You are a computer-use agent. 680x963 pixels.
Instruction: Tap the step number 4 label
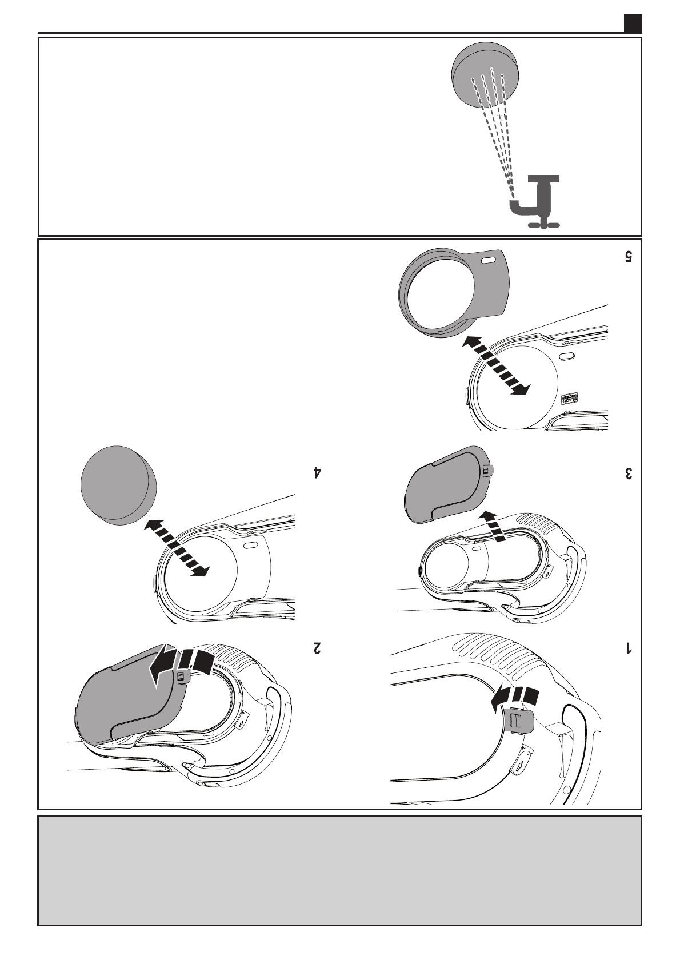pyautogui.click(x=316, y=473)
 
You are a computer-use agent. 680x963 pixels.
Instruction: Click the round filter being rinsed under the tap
pyautogui.click(x=485, y=74)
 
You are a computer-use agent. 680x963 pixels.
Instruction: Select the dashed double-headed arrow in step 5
pyautogui.click(x=494, y=364)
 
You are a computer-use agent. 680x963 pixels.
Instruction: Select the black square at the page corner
pyautogui.click(x=632, y=23)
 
